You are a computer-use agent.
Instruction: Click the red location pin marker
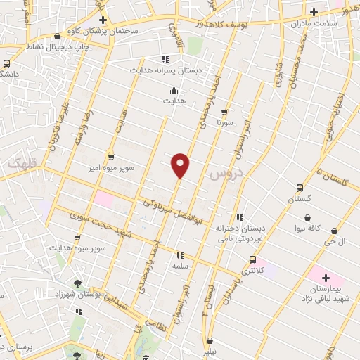(x=181, y=165)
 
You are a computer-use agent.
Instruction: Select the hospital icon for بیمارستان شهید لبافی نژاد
(x=325, y=278)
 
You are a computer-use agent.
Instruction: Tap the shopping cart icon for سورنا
(x=224, y=111)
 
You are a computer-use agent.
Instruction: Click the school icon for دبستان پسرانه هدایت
(x=165, y=59)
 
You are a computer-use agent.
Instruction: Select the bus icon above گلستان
(x=300, y=188)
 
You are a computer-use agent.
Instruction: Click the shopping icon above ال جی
(x=333, y=230)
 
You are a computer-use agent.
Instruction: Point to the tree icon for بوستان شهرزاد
(x=77, y=283)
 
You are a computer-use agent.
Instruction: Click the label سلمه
(x=180, y=267)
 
